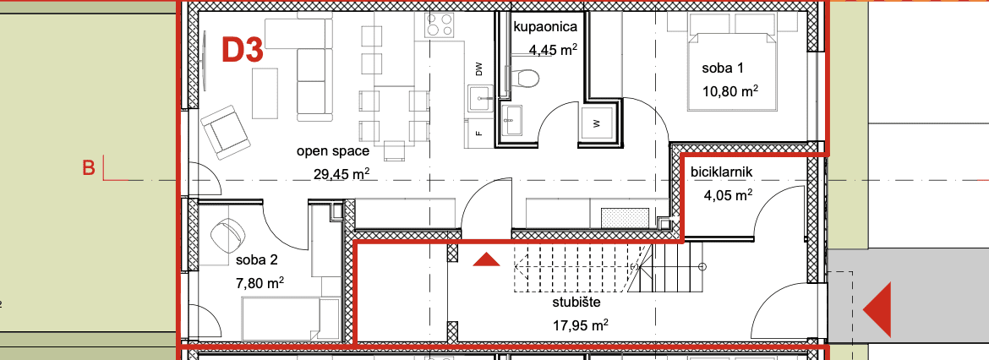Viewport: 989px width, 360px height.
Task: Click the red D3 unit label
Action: (243, 50)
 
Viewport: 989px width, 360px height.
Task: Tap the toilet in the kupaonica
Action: (524, 78)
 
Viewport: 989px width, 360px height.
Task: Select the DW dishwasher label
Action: (478, 69)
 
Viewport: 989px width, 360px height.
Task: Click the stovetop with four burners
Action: (439, 25)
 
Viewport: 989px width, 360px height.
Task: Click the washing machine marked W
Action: (595, 124)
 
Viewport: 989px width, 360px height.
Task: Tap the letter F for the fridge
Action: (478, 134)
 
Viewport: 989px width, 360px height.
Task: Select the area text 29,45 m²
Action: (342, 173)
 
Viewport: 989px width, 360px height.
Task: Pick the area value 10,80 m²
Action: (729, 90)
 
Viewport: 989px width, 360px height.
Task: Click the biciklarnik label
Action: (722, 172)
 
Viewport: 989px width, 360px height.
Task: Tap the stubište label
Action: (576, 302)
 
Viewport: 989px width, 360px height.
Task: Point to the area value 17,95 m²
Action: (580, 325)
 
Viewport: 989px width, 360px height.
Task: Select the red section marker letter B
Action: (89, 168)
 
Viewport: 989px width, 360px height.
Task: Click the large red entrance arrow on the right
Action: (877, 309)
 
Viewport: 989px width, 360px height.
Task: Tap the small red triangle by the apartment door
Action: (486, 259)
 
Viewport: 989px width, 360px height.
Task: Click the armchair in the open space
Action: (225, 132)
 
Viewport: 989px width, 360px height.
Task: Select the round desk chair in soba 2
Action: (227, 235)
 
